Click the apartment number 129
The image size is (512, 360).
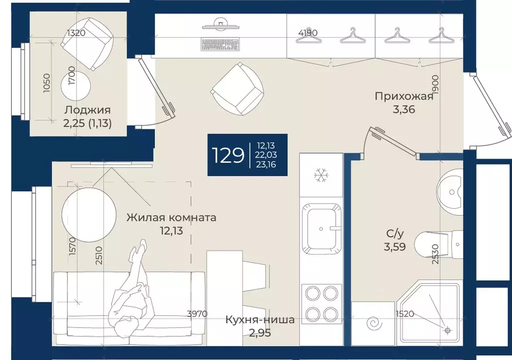pyautogui.click(x=228, y=155)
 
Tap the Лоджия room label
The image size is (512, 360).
pyautogui.click(x=88, y=110)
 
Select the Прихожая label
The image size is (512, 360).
pyautogui.click(x=404, y=96)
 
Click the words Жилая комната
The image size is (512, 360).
pyautogui.click(x=172, y=217)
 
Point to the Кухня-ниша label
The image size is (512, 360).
pyautogui.click(x=260, y=319)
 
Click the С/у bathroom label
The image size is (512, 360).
pyautogui.click(x=395, y=234)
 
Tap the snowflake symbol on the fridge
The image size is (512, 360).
pyautogui.click(x=321, y=175)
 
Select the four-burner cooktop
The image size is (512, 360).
pyautogui.click(x=321, y=304)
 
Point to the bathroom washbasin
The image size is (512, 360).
pyautogui.click(x=449, y=192)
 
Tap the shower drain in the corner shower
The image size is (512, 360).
pyautogui.click(x=447, y=330)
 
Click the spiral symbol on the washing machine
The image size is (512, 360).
pyautogui.click(x=374, y=324)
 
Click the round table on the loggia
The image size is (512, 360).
pyautogui.click(x=76, y=86)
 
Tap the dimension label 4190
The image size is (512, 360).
pyautogui.click(x=308, y=33)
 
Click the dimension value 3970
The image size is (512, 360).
pyautogui.click(x=197, y=314)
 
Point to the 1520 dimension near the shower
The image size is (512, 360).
pyautogui.click(x=405, y=314)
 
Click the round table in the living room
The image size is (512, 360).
pyautogui.click(x=89, y=215)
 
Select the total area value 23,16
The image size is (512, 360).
pyautogui.click(x=266, y=164)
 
